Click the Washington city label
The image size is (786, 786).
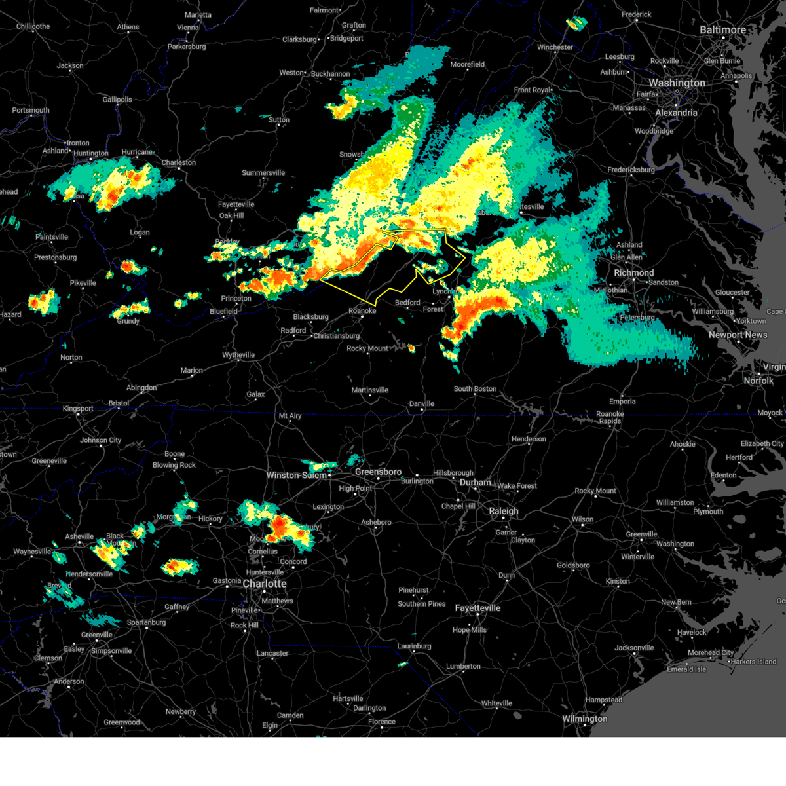click(677, 83)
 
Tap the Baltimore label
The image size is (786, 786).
click(722, 30)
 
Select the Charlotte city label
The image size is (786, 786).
click(265, 584)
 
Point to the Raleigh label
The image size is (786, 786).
click(503, 511)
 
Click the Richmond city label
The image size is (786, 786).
click(633, 272)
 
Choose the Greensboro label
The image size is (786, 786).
click(378, 472)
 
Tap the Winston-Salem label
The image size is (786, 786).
click(296, 476)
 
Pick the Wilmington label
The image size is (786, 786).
click(584, 719)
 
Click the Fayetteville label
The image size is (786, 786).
click(477, 608)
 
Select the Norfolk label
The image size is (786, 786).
click(758, 381)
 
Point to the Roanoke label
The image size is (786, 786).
click(362, 311)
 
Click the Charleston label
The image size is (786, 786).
click(178, 162)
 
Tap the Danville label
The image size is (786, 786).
click(422, 403)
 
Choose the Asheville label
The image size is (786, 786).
click(79, 536)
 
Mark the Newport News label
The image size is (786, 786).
click(738, 335)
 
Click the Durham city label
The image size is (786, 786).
click(475, 483)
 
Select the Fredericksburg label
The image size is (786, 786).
click(631, 170)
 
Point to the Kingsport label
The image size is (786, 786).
click(78, 409)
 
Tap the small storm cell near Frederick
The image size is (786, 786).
click(576, 24)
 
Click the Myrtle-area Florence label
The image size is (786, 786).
click(381, 722)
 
